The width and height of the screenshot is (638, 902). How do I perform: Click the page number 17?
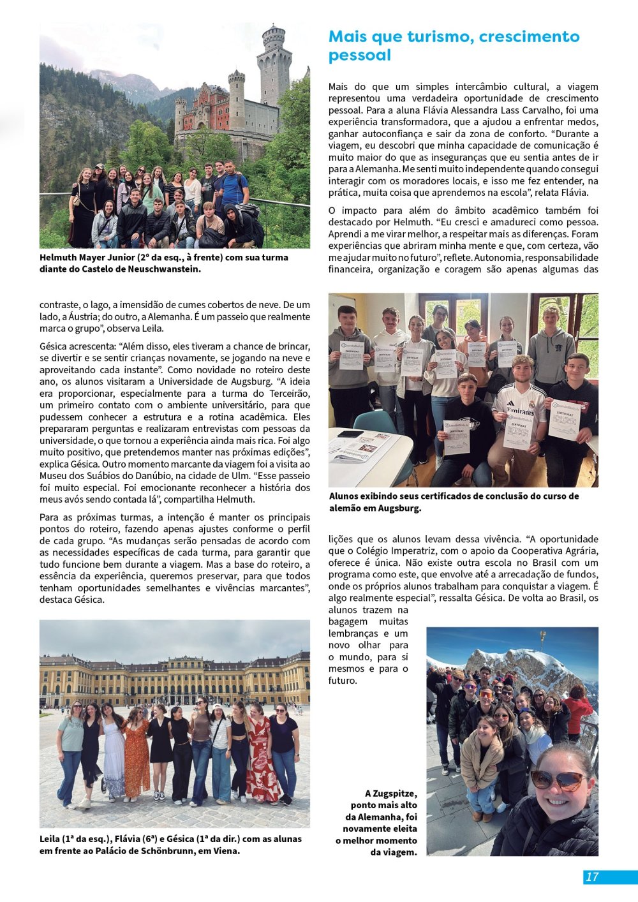pyautogui.click(x=592, y=876)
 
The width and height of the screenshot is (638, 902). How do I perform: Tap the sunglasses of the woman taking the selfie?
pyautogui.click(x=556, y=779)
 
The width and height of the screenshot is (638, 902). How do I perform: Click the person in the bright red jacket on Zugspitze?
pyautogui.click(x=578, y=711)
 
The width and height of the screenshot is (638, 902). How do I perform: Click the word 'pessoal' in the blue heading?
pyautogui.click(x=359, y=55)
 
